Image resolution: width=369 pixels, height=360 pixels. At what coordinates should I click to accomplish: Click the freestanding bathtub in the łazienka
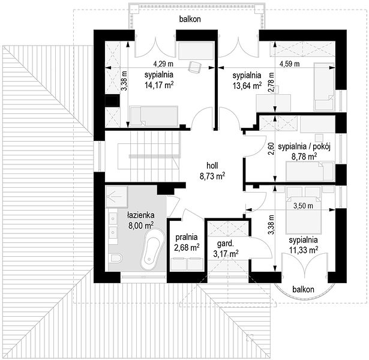pos(152,249)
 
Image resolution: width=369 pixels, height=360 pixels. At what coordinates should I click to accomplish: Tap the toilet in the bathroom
pos(115,258)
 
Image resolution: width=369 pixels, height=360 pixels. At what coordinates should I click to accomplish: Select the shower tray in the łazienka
pos(117,197)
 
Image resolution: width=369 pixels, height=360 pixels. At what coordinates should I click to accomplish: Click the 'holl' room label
pos(212,166)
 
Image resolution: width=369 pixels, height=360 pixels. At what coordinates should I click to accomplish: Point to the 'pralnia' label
pos(187,237)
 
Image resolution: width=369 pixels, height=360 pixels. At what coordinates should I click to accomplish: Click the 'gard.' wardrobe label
pos(225,244)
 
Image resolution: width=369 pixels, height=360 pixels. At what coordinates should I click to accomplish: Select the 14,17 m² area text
pos(159,85)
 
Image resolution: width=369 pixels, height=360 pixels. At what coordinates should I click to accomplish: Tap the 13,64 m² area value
pos(247,86)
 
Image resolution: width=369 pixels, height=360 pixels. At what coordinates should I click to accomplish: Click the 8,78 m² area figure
pos(304,157)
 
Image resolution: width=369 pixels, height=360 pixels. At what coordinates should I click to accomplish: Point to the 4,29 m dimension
pos(163,64)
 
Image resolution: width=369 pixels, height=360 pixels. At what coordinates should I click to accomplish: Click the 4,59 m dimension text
pos(289,64)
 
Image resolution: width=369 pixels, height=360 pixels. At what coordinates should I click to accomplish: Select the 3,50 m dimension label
pos(304,206)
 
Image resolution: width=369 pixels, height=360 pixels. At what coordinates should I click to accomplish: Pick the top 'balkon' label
pos(190,19)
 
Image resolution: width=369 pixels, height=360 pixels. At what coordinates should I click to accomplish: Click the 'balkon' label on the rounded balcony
pos(303,289)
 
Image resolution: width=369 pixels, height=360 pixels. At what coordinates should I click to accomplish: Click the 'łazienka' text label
pos(141,215)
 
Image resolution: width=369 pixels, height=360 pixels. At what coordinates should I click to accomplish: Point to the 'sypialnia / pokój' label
pos(304,146)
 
